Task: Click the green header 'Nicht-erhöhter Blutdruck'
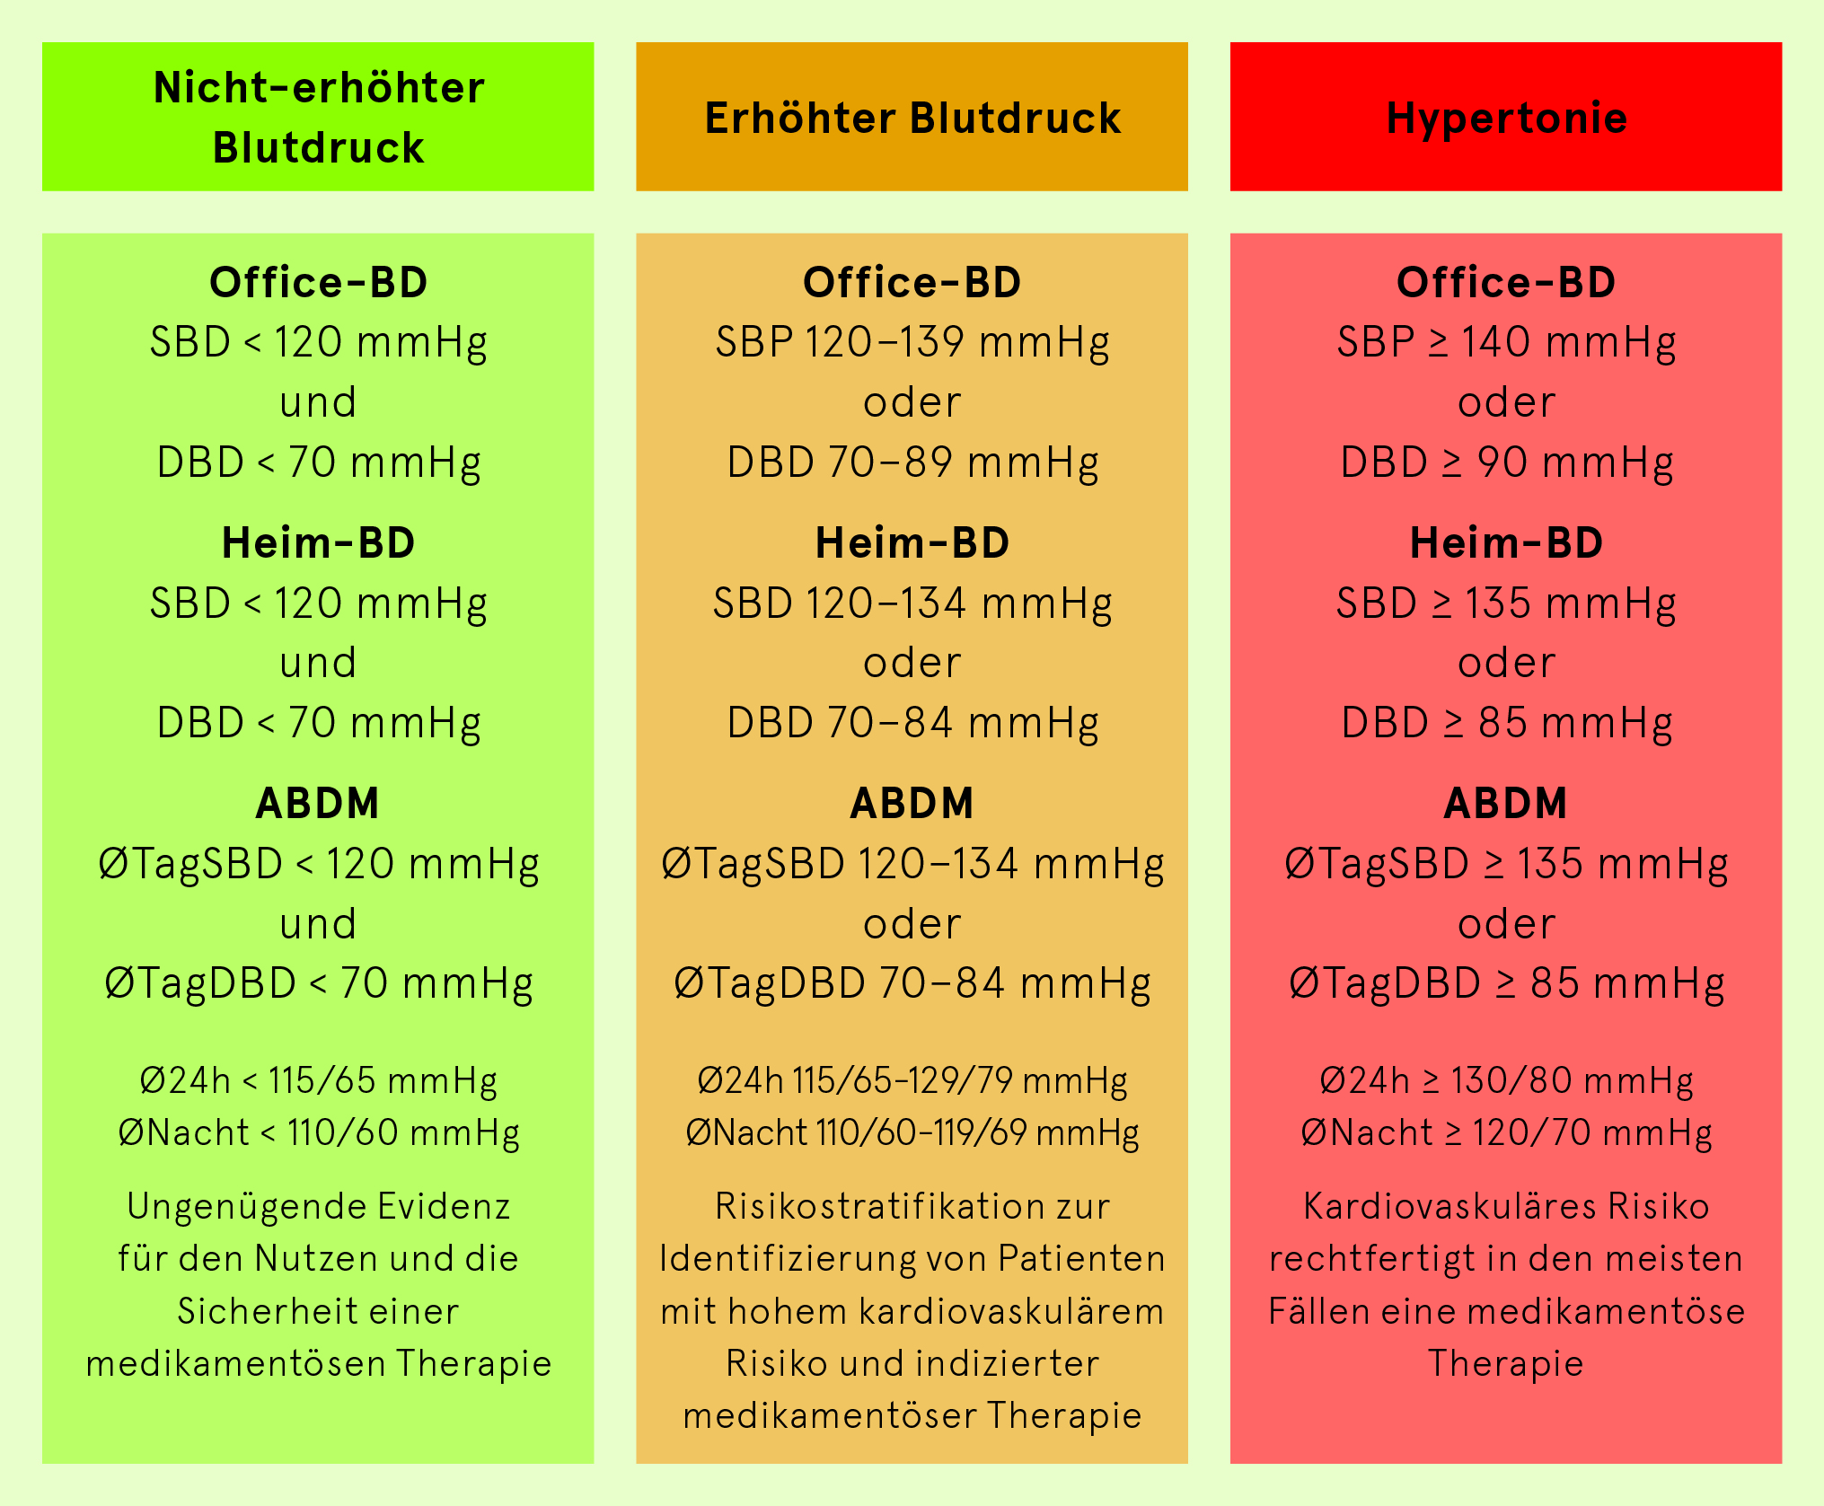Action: [x=318, y=117]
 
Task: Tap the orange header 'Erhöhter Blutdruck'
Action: [x=912, y=117]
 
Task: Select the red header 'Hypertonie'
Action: [x=1506, y=117]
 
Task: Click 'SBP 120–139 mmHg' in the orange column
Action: [x=912, y=343]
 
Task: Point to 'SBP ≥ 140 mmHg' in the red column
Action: [x=1506, y=343]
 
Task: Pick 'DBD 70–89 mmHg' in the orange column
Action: [x=912, y=463]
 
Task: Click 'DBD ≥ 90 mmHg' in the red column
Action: [x=1506, y=463]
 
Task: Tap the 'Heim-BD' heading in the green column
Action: [x=318, y=543]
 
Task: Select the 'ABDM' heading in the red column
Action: [x=1506, y=804]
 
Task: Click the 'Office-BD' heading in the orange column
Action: [x=912, y=283]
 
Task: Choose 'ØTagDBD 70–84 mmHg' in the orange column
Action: [x=912, y=984]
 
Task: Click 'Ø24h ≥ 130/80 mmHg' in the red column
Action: [x=1506, y=1081]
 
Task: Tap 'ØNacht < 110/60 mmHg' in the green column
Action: [x=319, y=1133]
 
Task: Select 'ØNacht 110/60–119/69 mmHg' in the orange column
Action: [x=912, y=1133]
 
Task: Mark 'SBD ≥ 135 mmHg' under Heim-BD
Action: [x=1506, y=603]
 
